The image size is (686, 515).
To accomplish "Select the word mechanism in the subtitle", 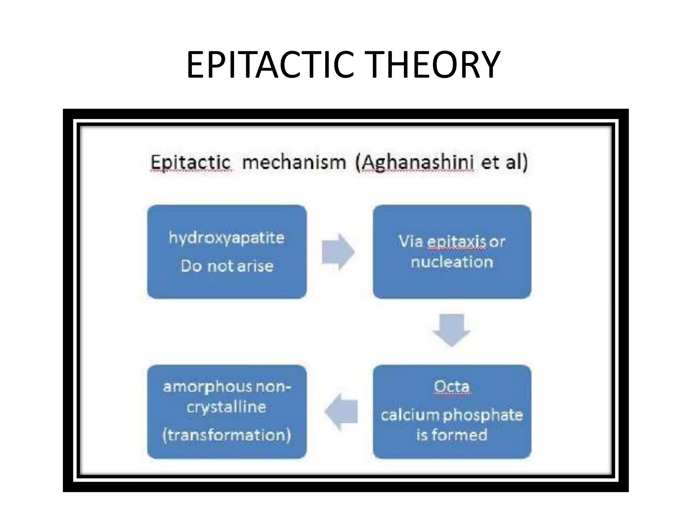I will point(294,163).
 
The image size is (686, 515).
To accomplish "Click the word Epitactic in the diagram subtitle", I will point(190,163).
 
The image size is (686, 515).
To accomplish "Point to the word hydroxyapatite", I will point(227,238).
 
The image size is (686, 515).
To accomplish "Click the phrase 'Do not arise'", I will point(227,266).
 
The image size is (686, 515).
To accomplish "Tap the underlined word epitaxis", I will point(457,241).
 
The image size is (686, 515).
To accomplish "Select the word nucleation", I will point(452,262).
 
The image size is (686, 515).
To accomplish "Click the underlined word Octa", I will point(452,387).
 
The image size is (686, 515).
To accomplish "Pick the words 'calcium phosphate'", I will point(452,415).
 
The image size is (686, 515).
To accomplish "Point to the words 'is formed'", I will point(452,435).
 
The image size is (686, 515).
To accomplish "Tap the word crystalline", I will point(227,407).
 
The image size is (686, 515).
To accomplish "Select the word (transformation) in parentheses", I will point(227,435).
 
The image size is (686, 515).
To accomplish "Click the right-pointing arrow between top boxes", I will point(338,252).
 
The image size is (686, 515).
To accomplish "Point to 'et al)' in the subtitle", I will point(504,163).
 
